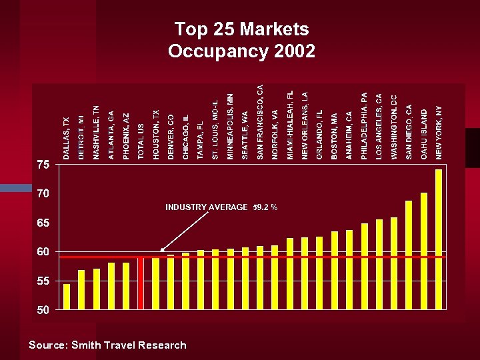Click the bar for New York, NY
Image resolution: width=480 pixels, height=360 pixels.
tap(439, 239)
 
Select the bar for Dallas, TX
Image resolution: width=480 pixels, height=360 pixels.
tap(67, 297)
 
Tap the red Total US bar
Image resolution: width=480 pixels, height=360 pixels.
tap(141, 283)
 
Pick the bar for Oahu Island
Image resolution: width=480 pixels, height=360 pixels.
tap(424, 251)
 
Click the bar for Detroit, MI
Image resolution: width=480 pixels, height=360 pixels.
tap(81, 289)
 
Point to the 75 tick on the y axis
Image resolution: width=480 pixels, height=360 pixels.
tap(43, 165)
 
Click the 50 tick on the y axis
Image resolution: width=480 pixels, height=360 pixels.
tap(43, 310)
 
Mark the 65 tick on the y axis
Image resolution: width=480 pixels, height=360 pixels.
tap(43, 223)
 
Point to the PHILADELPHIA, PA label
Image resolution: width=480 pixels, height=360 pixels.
tap(364, 125)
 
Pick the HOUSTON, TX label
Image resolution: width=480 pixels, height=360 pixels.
tap(156, 135)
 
